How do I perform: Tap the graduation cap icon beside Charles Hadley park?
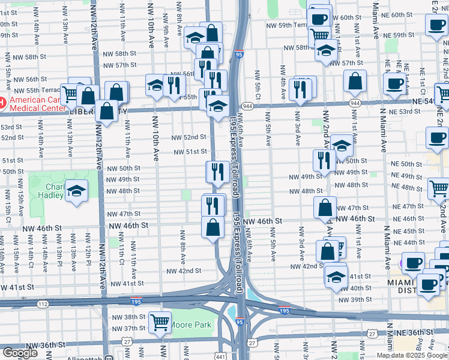(76, 191)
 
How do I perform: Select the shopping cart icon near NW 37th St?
(160, 323)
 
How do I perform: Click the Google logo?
(20, 353)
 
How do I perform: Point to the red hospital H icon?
(2, 101)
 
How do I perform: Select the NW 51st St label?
(190, 152)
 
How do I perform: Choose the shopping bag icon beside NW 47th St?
(325, 208)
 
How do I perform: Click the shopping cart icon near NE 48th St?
(439, 188)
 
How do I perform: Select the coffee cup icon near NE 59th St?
(436, 25)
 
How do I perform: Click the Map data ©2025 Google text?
(412, 355)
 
